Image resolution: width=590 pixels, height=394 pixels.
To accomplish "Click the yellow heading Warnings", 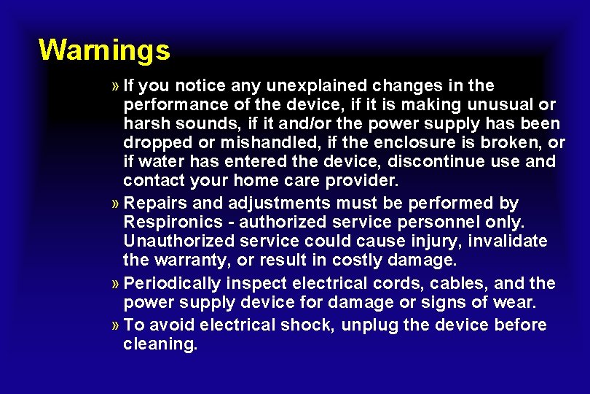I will click(x=104, y=50).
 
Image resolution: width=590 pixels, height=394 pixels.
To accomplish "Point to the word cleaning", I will click(x=160, y=344).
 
